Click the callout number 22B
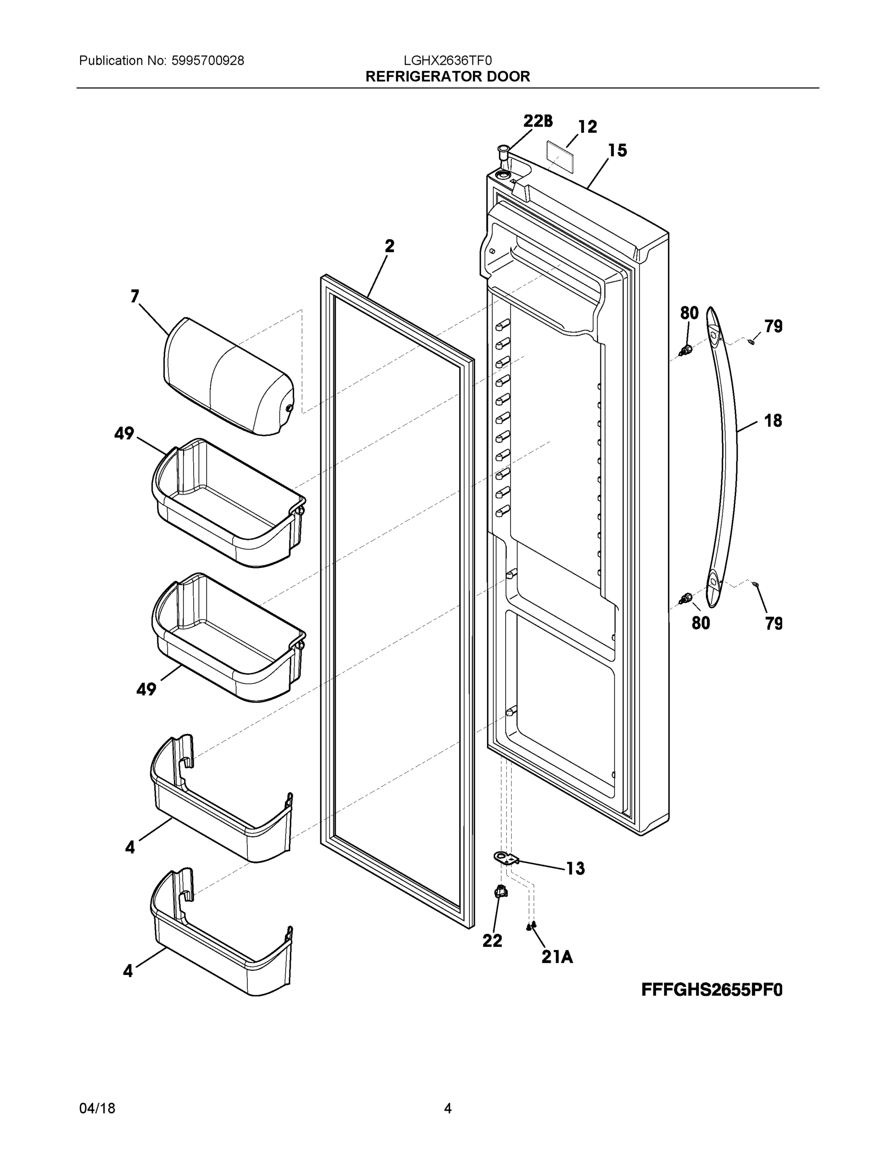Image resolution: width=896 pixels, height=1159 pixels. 538,121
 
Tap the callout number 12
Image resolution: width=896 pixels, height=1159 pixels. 587,127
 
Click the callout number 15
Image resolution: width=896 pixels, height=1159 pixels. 617,151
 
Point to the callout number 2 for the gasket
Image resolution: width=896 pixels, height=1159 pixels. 390,246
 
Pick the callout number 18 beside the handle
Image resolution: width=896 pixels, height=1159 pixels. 773,421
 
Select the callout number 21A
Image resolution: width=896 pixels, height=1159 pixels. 557,957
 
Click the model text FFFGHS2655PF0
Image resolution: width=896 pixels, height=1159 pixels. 712,989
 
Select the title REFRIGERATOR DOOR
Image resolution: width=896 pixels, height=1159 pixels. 447,76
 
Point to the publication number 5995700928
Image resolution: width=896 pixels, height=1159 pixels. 208,60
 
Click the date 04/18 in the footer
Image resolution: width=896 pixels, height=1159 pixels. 97,1108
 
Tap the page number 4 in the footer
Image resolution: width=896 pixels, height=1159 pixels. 447,1108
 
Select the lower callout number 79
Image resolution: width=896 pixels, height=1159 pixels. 774,623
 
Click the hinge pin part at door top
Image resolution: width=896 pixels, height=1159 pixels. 503,155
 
